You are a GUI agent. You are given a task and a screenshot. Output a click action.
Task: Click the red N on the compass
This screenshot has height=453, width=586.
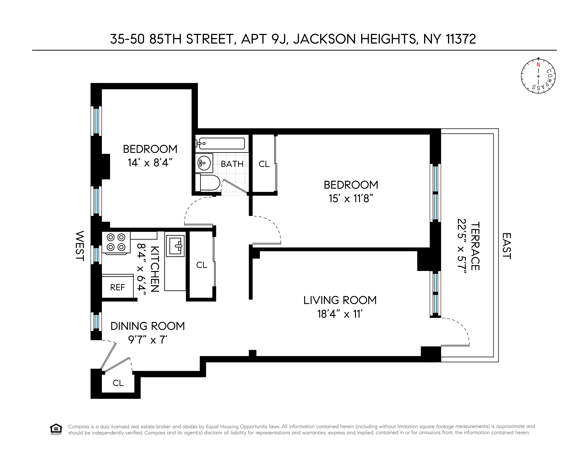pos(538,65)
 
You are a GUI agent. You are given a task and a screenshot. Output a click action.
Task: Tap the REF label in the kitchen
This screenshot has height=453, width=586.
pos(117,287)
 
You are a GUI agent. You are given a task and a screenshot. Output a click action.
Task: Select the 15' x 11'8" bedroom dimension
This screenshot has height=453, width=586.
pos(351,199)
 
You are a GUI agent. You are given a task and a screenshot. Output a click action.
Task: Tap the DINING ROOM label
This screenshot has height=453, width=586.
pos(148,326)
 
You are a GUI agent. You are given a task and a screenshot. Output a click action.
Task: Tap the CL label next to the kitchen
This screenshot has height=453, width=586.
pos(202,265)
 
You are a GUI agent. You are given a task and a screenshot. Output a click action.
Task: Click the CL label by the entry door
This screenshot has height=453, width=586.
pos(118,383)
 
